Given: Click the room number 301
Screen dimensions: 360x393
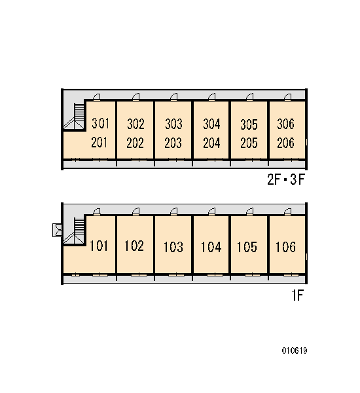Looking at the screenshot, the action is pos(100,123).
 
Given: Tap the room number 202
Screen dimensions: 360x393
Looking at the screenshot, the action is pos(135,143).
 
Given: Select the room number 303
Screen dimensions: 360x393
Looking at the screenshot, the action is pos(173,124).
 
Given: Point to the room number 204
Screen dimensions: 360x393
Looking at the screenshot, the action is pos(211,143).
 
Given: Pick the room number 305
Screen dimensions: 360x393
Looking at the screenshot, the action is pos(249,124).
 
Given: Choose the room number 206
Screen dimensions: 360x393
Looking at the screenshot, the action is pos(286,143).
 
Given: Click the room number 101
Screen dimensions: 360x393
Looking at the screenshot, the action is pos(99,246).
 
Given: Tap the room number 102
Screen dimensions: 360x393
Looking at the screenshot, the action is pos(134,246).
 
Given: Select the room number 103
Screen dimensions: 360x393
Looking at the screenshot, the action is pos(173,247).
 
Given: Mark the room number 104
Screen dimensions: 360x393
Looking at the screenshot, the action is pos(211,247).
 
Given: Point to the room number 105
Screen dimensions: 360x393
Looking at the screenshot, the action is pos(247,247).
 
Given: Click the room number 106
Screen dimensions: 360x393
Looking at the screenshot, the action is pos(285,247).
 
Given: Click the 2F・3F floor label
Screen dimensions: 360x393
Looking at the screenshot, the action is pos(286,179).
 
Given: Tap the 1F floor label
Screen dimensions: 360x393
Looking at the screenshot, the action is pos(298,295).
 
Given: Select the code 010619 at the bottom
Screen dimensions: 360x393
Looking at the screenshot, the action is pos(295,350).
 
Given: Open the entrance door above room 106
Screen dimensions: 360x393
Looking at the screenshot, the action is pos(287,212).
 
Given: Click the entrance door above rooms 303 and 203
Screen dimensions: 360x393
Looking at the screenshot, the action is pos(173,97).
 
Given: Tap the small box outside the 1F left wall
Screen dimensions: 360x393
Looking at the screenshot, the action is pos(57,230).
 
